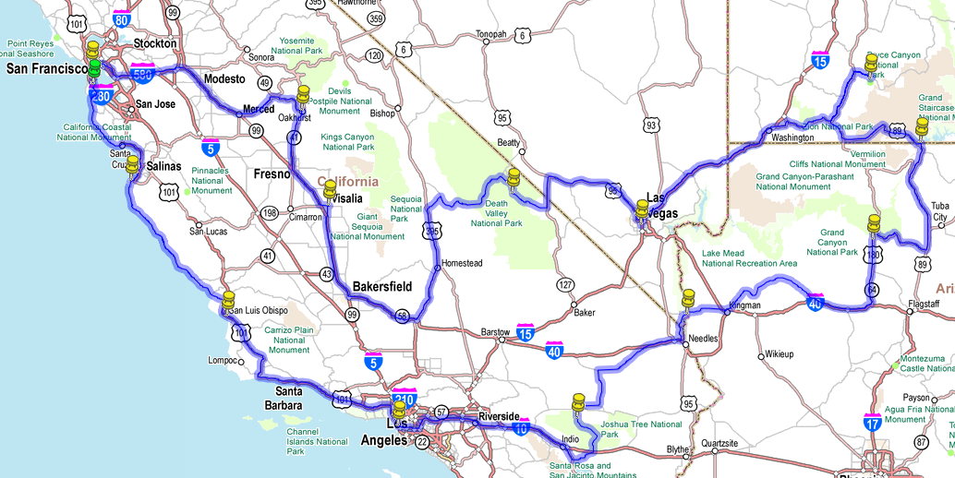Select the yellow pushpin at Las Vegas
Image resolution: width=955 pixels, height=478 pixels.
tap(641, 209)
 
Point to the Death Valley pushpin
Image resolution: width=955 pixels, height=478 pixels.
tap(514, 177)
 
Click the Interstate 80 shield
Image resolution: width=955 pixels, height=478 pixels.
tap(121, 18)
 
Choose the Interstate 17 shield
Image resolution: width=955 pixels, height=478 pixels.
tap(873, 423)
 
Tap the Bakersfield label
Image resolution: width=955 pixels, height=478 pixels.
tap(382, 287)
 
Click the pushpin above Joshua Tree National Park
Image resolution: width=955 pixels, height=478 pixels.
tap(579, 401)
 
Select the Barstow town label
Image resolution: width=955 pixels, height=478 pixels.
tap(495, 331)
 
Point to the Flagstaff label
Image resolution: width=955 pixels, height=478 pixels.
tap(924, 304)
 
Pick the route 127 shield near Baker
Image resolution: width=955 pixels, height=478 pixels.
tap(565, 284)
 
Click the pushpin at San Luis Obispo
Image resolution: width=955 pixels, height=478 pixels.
tap(229, 300)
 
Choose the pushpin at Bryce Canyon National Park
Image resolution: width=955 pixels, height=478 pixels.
tap(870, 64)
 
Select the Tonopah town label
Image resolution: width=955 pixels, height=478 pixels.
tap(490, 34)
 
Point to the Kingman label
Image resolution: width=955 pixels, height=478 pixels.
tap(744, 305)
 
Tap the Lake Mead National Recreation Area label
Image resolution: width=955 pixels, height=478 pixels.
tap(749, 257)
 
